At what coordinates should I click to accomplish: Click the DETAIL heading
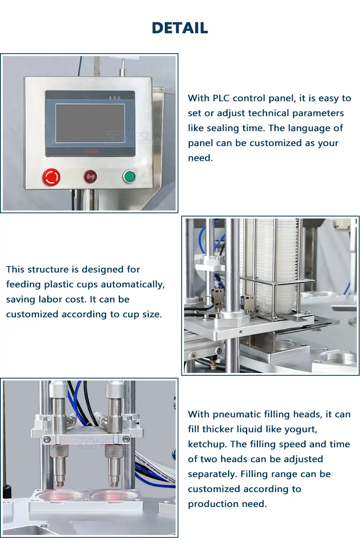(x=180, y=28)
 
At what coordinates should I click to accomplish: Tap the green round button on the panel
(x=129, y=176)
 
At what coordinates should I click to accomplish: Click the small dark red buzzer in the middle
(x=90, y=177)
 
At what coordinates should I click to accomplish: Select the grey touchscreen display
(x=90, y=123)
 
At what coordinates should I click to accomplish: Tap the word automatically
(x=133, y=285)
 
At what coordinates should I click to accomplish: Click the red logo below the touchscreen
(x=91, y=151)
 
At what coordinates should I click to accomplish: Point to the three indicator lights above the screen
(x=115, y=98)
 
